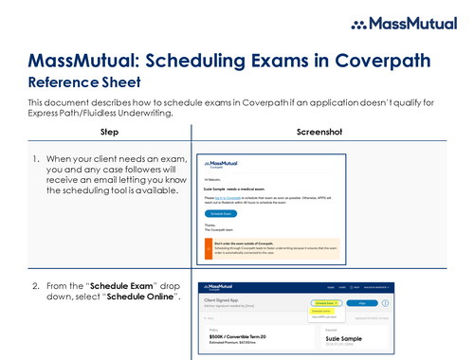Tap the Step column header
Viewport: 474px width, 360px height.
point(109,131)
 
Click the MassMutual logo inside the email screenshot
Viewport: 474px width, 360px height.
point(226,160)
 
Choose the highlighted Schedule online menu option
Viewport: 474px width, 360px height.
point(321,310)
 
